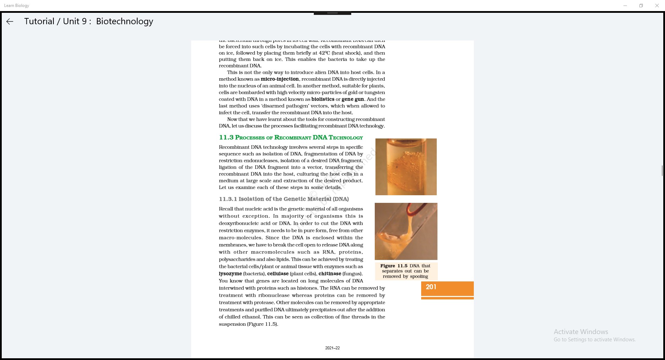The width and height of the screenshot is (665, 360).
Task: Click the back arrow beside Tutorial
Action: [10, 21]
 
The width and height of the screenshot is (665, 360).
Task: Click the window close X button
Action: [657, 6]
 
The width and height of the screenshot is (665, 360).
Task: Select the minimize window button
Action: [625, 6]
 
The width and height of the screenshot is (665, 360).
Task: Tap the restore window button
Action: [641, 6]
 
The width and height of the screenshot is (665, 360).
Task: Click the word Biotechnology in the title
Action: [124, 21]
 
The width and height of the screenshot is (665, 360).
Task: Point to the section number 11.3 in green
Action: [226, 137]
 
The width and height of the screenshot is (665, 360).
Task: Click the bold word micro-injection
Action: [280, 79]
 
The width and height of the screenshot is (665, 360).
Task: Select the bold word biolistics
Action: [323, 99]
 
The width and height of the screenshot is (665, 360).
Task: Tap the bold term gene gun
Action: [353, 99]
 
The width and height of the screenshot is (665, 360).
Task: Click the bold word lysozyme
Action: [230, 274]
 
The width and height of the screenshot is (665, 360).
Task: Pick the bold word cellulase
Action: [278, 274]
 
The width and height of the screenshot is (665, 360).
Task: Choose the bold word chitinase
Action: [330, 274]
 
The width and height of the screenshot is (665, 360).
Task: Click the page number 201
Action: [431, 287]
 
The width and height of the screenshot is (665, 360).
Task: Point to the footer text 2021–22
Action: [332, 348]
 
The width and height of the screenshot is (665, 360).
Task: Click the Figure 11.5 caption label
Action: [394, 266]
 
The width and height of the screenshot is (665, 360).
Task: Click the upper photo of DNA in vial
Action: [406, 167]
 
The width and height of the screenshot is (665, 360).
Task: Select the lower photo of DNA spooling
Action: [406, 231]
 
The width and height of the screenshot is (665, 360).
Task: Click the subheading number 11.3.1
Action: [228, 199]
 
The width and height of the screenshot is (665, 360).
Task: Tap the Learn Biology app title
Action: [17, 6]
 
